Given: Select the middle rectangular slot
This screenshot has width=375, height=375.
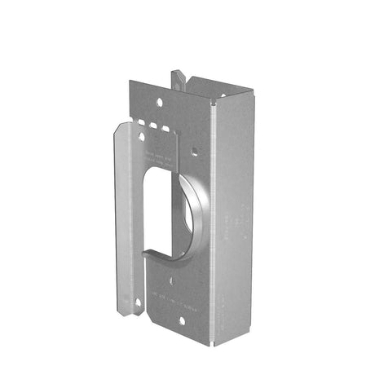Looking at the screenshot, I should (x=152, y=127).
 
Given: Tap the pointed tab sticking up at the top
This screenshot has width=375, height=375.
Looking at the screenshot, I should (x=177, y=78).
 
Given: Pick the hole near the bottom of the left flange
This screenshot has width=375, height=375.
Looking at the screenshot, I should (x=138, y=302).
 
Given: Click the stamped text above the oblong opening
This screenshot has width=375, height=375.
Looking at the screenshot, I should (x=161, y=156).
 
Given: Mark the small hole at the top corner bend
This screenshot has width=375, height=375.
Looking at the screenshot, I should (x=214, y=104).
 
